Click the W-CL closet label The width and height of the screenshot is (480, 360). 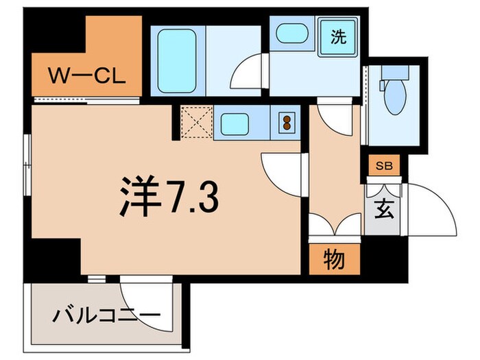point(86,75)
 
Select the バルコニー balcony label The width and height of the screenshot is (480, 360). point(106,316)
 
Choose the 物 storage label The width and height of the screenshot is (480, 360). point(334,260)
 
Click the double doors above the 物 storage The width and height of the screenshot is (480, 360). point(334,224)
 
